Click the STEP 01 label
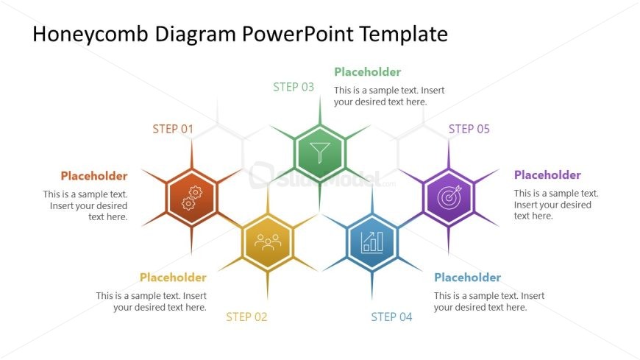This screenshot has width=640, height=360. tap(173, 129)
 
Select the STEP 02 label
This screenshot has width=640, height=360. tap(246, 317)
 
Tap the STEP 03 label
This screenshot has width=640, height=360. tap(294, 87)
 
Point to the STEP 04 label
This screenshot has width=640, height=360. tap(391, 317)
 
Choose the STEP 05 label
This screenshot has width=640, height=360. tap(469, 129)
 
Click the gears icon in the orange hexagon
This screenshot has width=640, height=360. tap(192, 198)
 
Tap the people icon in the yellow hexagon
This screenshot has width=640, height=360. tap(268, 242)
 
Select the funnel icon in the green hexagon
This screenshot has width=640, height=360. tap(320, 152)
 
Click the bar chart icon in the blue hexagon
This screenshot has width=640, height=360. tap(371, 242)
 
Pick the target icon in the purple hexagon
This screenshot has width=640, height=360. tap(449, 197)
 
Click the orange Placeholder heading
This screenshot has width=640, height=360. tap(94, 176)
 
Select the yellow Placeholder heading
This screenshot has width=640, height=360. tap(173, 278)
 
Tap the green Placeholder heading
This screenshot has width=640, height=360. tap(367, 72)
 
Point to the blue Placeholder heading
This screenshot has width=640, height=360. tap(467, 278)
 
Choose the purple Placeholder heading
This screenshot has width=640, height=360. tap(547, 175)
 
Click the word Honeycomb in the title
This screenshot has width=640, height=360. tap(90, 35)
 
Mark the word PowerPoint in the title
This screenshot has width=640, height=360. tap(297, 34)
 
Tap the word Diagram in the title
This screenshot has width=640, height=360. tap(195, 35)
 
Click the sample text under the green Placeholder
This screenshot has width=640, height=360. tap(389, 96)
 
